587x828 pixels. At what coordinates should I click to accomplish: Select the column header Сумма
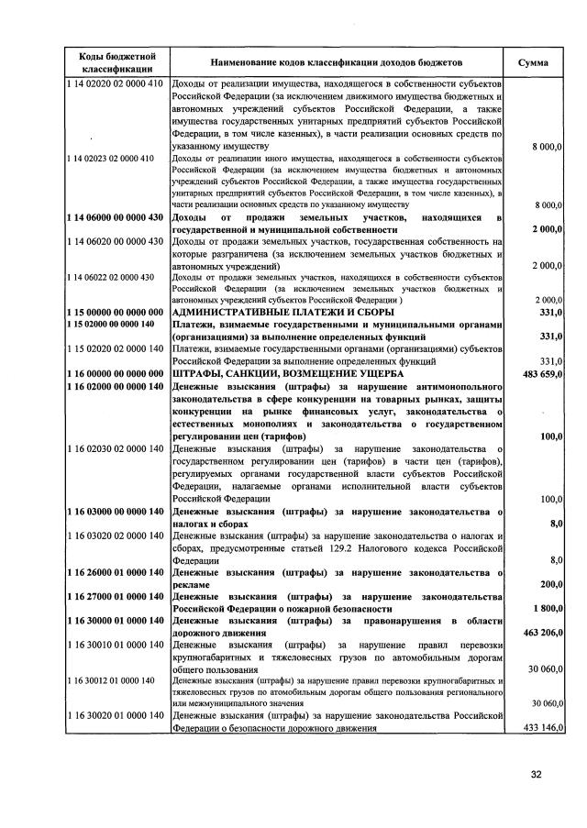pyautogui.click(x=534, y=62)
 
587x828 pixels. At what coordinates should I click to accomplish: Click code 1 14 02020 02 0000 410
pyautogui.click(x=115, y=84)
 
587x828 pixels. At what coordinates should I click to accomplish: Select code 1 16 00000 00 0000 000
pyautogui.click(x=115, y=374)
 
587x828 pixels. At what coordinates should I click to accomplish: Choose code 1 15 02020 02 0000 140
pyautogui.click(x=115, y=349)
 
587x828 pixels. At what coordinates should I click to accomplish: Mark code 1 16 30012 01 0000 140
pyautogui.click(x=111, y=679)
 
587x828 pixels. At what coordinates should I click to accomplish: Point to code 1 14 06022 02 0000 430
pyautogui.click(x=111, y=277)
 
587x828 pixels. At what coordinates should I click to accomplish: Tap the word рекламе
pyautogui.click(x=192, y=584)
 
